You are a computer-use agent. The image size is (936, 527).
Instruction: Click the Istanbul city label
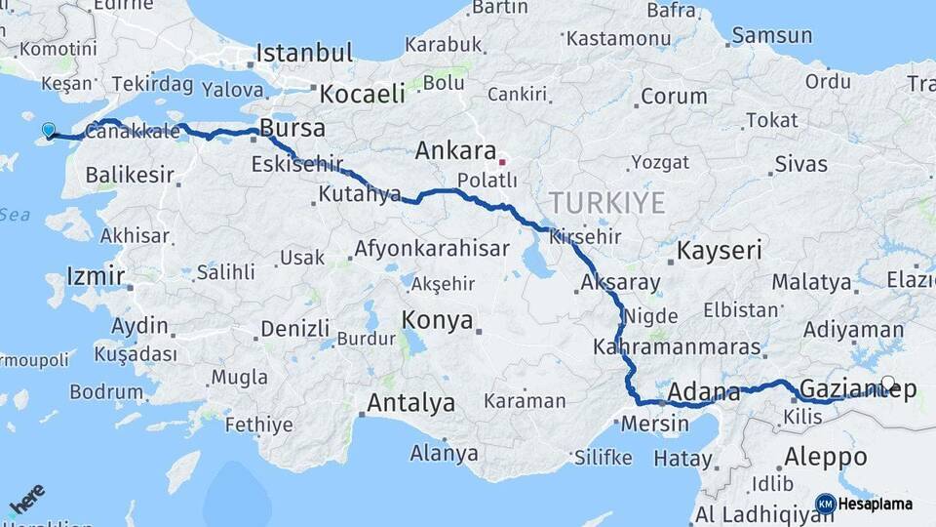pyautogui.click(x=304, y=53)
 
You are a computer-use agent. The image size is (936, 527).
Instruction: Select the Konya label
pyautogui.click(x=438, y=320)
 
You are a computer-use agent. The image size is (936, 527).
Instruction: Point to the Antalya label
pyautogui.click(x=410, y=402)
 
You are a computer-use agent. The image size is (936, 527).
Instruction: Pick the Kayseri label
pyautogui.click(x=719, y=251)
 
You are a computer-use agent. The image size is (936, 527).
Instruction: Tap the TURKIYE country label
pyautogui.click(x=606, y=203)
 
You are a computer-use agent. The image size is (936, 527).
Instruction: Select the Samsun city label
pyautogui.click(x=771, y=36)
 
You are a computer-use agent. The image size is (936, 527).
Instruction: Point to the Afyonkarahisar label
pyautogui.click(x=431, y=249)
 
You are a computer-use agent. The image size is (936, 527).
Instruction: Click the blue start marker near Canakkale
pyautogui.click(x=49, y=130)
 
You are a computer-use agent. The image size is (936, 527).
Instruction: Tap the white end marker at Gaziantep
pyautogui.click(x=888, y=384)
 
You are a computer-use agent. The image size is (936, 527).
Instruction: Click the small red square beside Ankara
pyautogui.click(x=502, y=161)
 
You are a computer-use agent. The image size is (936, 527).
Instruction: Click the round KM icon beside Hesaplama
pyautogui.click(x=825, y=504)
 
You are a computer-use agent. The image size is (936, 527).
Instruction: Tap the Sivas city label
pyautogui.click(x=801, y=163)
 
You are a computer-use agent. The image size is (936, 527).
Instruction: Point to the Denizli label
pyautogui.click(x=294, y=329)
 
